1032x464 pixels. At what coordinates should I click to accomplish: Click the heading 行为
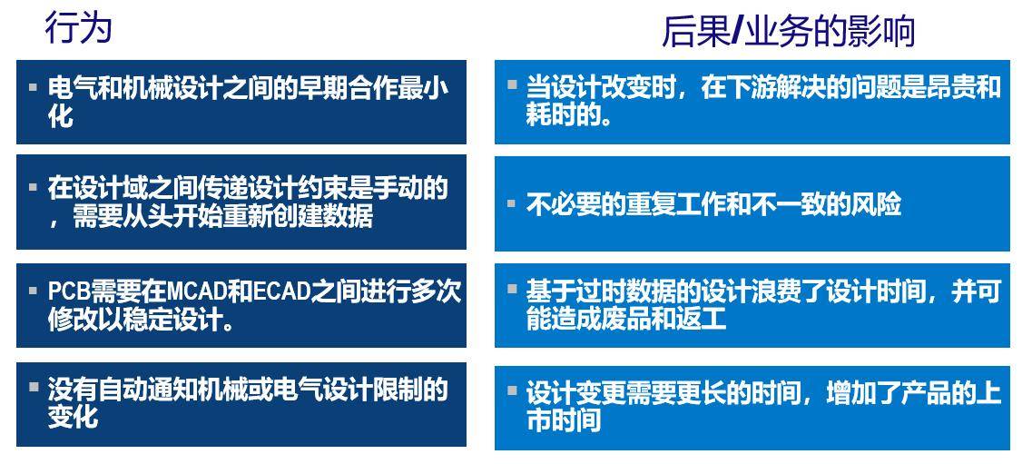pyautogui.click(x=78, y=28)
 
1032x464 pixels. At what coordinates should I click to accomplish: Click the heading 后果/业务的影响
pyautogui.click(x=789, y=32)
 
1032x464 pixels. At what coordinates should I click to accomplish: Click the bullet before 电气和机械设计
pyautogui.click(x=33, y=87)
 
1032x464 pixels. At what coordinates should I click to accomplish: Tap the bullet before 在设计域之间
pyautogui.click(x=33, y=187)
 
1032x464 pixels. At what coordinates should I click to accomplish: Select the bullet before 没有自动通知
pyautogui.click(x=33, y=388)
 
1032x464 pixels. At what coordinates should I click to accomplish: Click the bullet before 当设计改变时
pyautogui.click(x=511, y=86)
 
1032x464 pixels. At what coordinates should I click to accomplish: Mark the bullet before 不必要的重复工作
pyautogui.click(x=511, y=204)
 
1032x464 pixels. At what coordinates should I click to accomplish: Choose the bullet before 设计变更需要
pyautogui.click(x=511, y=390)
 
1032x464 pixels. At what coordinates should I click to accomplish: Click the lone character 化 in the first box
pyautogui.click(x=61, y=116)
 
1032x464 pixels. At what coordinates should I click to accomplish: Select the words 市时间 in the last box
pyautogui.click(x=564, y=420)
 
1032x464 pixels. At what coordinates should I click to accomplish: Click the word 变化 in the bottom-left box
pyautogui.click(x=73, y=417)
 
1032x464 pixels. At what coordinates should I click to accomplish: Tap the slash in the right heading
pyautogui.click(x=736, y=32)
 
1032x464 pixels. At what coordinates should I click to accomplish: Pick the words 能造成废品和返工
pyautogui.click(x=626, y=320)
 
